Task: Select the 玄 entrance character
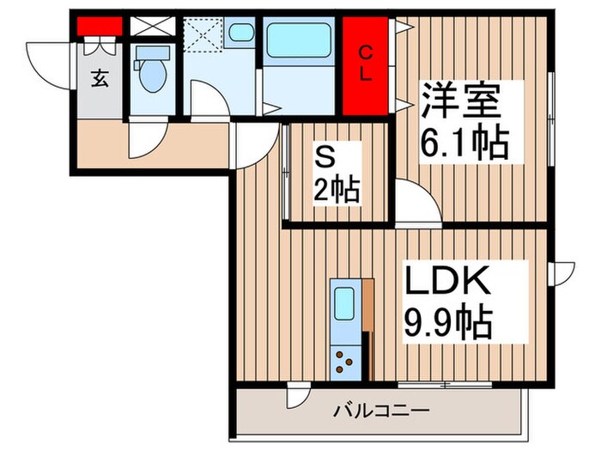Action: pyautogui.click(x=99, y=79)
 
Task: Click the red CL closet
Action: pyautogui.click(x=366, y=65)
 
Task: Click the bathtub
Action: pyautogui.click(x=298, y=40)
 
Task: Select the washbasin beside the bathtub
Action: pyautogui.click(x=241, y=34)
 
